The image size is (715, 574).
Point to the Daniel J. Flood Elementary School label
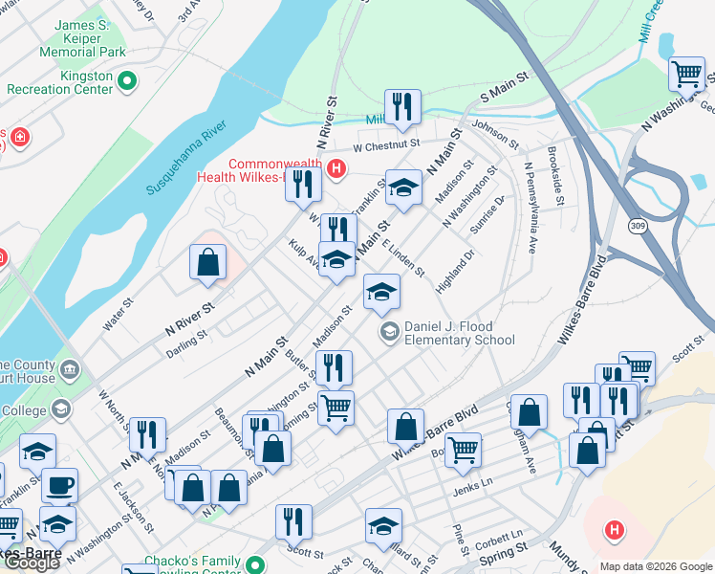click(459, 333)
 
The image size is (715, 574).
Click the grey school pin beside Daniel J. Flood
click(389, 332)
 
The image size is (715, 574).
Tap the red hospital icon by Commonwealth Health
click(335, 170)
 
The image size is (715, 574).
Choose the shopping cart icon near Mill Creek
click(685, 73)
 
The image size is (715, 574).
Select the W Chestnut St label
click(386, 145)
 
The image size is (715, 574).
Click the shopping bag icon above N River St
click(207, 261)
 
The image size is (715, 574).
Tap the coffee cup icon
click(59, 485)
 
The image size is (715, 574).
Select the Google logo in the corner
click(32, 563)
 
